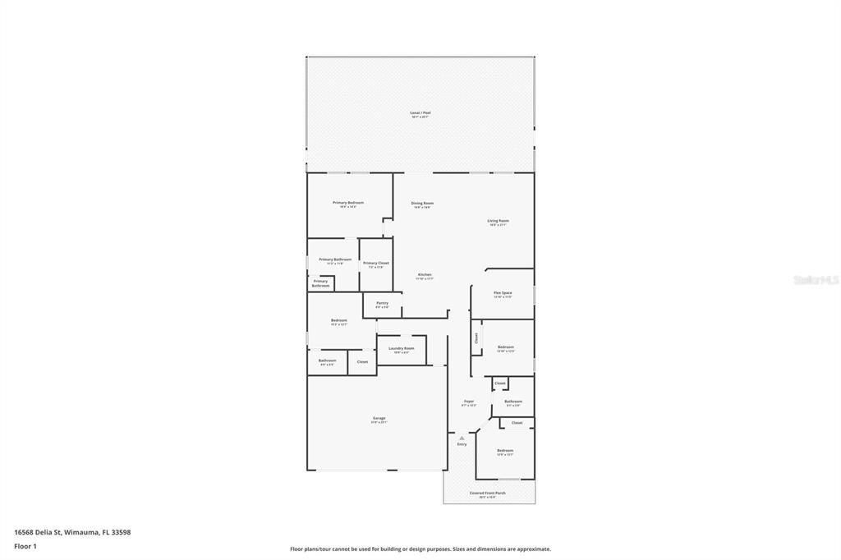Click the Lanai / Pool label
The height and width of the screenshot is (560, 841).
coord(420,112)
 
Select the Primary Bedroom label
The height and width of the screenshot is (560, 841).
coord(348,203)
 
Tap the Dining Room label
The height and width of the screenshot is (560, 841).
coord(422,203)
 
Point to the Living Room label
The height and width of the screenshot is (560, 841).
coord(498,221)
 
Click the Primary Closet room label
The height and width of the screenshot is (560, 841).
coord(376,264)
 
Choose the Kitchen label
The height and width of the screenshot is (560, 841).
coord(425,275)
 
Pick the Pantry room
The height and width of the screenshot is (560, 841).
coord(382,304)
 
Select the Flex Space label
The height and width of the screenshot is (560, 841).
coord(503,293)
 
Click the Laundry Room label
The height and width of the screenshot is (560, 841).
coord(402,349)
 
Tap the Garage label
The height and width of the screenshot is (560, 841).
coord(379,419)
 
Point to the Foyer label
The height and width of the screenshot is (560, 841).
coord(468,402)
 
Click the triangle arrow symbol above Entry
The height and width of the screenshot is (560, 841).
coord(462,438)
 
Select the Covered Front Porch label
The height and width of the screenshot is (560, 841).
coord(488,493)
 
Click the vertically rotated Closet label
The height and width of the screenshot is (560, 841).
coord(476,337)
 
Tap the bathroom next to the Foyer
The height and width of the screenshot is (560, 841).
coord(513,402)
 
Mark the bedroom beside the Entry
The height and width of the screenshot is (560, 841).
coord(504,451)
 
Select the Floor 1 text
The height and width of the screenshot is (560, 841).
coord(25,546)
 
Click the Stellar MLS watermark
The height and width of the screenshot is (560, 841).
coord(816,280)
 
